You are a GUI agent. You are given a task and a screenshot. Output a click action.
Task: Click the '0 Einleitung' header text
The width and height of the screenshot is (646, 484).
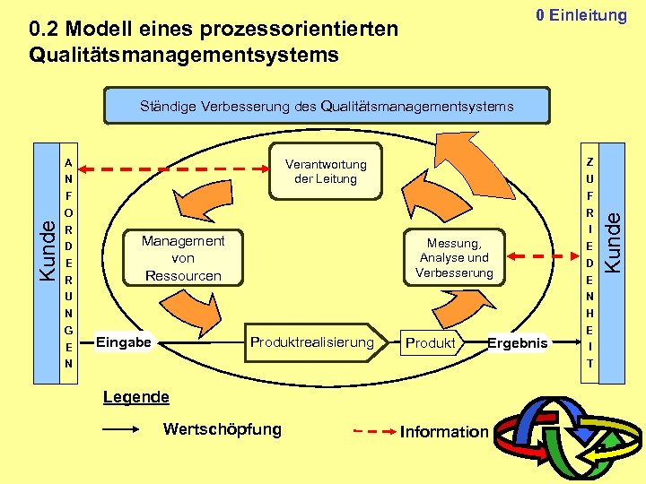(x=581, y=15)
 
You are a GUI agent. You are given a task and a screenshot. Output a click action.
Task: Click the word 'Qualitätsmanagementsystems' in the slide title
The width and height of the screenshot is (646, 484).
(x=184, y=56)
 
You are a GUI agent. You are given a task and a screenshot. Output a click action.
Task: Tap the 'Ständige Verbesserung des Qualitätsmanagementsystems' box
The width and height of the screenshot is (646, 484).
(x=327, y=106)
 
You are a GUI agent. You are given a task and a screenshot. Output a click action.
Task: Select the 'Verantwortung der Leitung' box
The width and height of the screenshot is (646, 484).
(x=326, y=171)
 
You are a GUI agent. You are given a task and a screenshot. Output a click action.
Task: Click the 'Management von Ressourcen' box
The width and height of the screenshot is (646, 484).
(x=183, y=258)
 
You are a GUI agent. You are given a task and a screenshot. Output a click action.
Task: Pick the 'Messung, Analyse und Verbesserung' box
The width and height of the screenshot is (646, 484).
(x=454, y=258)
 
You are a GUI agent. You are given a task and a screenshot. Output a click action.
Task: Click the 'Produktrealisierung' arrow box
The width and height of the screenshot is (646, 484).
(x=311, y=342)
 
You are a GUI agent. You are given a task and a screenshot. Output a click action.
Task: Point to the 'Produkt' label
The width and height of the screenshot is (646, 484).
(x=431, y=343)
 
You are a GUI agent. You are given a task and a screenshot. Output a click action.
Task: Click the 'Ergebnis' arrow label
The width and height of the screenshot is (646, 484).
(x=516, y=343)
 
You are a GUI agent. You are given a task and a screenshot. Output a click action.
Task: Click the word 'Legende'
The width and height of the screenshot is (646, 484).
(x=135, y=397)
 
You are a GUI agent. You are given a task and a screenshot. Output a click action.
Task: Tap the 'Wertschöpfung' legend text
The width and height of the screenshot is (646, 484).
(x=222, y=429)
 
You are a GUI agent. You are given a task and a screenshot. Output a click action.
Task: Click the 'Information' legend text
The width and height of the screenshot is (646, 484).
(x=444, y=432)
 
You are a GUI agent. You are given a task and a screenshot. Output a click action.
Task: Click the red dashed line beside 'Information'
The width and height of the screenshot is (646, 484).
(x=373, y=431)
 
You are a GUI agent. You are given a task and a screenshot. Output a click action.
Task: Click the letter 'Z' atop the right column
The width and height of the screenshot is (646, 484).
(x=589, y=162)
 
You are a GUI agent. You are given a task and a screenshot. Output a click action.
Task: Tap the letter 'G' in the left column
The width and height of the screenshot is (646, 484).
(x=67, y=331)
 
